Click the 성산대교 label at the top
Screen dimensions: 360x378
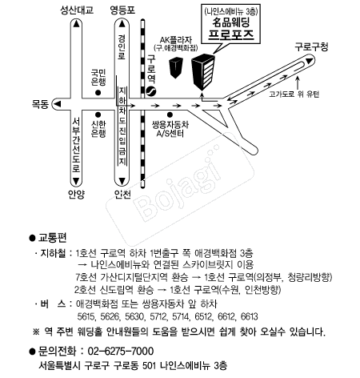tap(77, 10)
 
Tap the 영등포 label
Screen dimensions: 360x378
tap(122, 10)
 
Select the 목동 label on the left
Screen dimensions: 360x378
tap(40, 104)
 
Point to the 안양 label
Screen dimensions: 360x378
tap(76, 194)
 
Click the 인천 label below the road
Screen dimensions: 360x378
tap(122, 194)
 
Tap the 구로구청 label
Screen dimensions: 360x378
tap(311, 47)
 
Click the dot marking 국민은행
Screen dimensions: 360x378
tap(98, 93)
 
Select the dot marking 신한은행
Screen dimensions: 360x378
tap(98, 115)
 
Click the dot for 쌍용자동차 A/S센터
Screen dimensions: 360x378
tap(170, 115)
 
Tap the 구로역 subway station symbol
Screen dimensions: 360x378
tap(151, 91)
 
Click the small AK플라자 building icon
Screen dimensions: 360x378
tap(176, 68)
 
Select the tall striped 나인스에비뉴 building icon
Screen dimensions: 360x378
tap(203, 71)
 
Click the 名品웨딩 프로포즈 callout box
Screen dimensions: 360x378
tap(230, 24)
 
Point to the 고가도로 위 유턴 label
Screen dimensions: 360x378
tap(294, 94)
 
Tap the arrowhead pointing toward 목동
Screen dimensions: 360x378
tap(58, 104)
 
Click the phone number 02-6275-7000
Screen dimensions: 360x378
tap(121, 351)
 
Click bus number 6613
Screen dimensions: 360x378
tap(250, 316)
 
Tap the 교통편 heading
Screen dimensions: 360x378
tap(52, 238)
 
